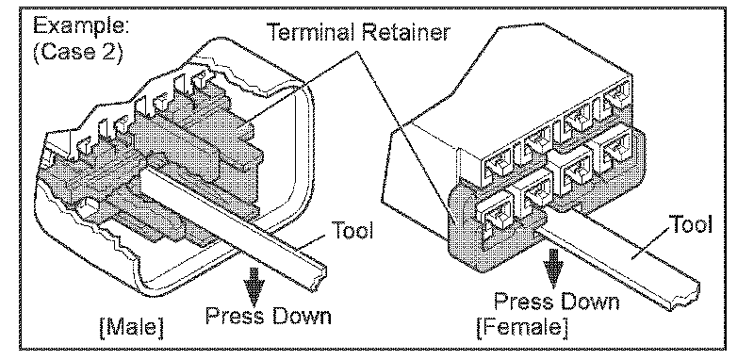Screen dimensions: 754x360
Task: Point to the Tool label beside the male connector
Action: point(352,231)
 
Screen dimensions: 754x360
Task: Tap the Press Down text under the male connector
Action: point(269,317)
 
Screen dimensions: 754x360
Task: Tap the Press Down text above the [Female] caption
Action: point(557,302)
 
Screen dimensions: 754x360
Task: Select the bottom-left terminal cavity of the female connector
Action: point(496,215)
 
